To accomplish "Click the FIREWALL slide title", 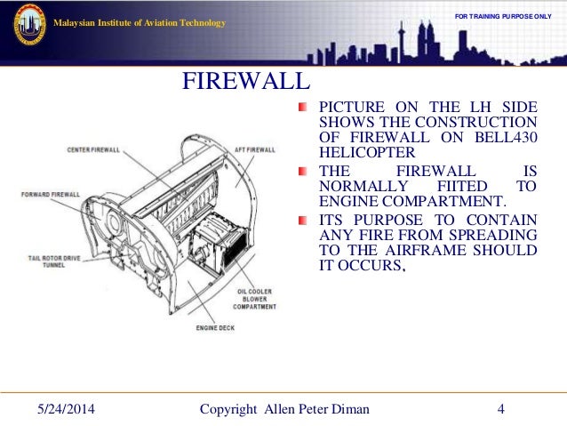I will [246, 83].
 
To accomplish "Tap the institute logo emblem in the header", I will [28, 22].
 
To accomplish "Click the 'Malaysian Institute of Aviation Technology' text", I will [140, 22].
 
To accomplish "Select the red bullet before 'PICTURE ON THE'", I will [303, 108].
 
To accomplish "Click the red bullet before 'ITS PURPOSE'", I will [303, 220].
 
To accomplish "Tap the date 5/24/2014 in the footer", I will [68, 409].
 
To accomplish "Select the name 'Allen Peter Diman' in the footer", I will [327, 409].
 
